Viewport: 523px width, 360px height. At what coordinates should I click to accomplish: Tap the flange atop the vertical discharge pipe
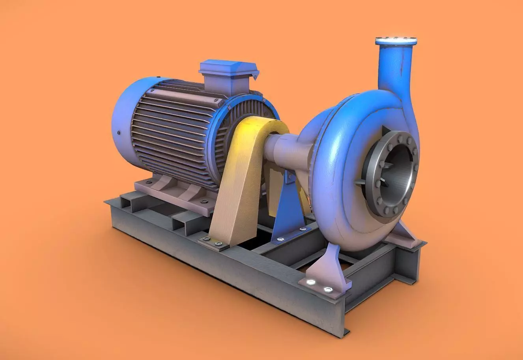(x=396, y=41)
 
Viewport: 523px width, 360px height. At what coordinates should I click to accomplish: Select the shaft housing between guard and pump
(x=284, y=150)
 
